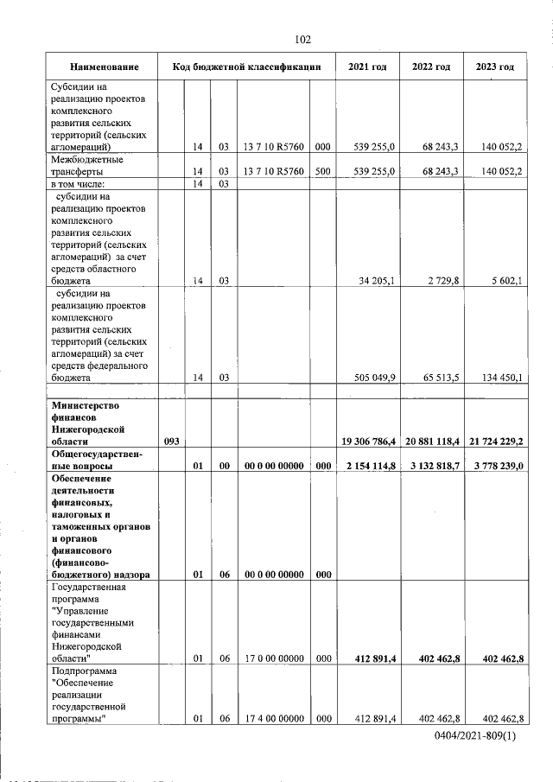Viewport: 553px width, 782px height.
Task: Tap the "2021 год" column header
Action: click(367, 67)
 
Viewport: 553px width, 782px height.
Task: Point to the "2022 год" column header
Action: click(431, 67)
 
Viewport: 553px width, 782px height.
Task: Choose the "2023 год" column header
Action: click(495, 67)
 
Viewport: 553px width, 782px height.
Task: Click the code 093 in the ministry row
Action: click(171, 442)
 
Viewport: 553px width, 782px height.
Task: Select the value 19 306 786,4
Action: click(367, 442)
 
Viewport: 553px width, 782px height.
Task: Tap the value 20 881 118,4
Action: click(431, 442)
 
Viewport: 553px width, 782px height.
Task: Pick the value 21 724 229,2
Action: click(495, 442)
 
